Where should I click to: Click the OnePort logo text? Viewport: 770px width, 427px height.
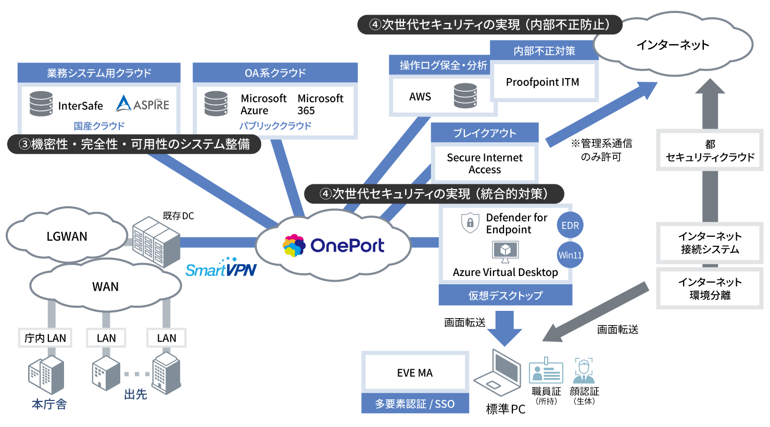(x=347, y=246)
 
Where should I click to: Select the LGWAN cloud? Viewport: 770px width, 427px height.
(x=67, y=236)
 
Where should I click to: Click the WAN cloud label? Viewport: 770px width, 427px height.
(x=105, y=287)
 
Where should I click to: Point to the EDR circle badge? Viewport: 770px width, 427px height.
(x=570, y=225)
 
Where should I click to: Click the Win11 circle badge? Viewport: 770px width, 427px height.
(x=570, y=255)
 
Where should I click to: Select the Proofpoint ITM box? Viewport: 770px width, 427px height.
(x=542, y=82)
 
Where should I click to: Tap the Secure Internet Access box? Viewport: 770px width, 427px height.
(x=484, y=164)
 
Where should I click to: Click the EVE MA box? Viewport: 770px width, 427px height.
(x=415, y=373)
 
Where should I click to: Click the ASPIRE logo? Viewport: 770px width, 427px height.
(x=142, y=104)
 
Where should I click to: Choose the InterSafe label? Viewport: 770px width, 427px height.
(x=80, y=106)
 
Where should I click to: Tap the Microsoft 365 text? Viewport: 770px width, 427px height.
(x=320, y=104)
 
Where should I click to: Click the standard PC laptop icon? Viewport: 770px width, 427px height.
(x=498, y=374)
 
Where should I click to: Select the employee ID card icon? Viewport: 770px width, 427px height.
(x=546, y=371)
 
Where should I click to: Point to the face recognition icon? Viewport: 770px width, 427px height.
(x=584, y=370)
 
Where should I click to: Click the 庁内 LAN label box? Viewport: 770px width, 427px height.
(x=45, y=338)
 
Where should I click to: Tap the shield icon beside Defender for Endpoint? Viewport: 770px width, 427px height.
(x=470, y=223)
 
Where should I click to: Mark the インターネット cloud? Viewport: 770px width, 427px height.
(x=673, y=45)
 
